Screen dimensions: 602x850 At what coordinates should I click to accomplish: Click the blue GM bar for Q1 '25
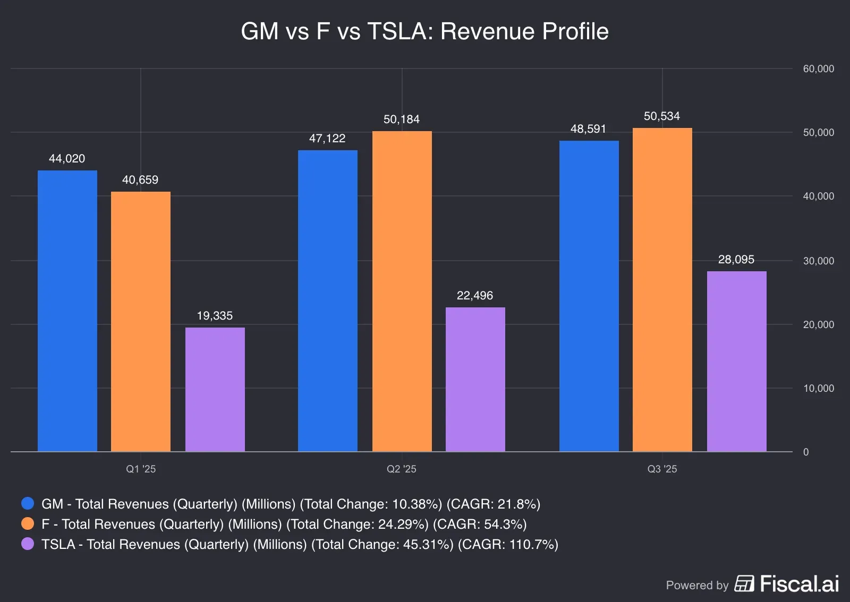[67, 311]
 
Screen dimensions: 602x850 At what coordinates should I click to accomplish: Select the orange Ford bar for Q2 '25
[402, 291]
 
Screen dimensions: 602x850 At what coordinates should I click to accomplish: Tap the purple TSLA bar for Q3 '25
[736, 361]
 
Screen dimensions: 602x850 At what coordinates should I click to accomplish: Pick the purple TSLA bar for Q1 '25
[215, 389]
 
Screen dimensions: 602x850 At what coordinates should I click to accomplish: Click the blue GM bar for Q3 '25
[589, 296]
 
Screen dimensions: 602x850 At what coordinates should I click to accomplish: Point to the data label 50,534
[661, 116]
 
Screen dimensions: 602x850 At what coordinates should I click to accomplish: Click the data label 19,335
[215, 316]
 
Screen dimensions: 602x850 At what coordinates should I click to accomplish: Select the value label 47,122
[327, 139]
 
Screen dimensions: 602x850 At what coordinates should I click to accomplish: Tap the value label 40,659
[140, 180]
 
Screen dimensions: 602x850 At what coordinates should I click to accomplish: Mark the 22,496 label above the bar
[475, 296]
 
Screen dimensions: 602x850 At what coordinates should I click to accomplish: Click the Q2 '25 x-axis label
[402, 469]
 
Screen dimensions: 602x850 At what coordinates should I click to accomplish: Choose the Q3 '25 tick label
[662, 469]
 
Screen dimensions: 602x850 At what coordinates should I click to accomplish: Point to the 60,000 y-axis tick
[818, 68]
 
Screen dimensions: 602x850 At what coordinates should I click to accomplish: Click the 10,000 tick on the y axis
[818, 388]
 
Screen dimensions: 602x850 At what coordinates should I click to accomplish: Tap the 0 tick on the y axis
[806, 452]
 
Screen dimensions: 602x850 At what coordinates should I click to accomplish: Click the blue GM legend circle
[28, 503]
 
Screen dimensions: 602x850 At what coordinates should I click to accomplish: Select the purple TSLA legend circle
[28, 544]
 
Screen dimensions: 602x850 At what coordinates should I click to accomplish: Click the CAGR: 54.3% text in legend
[480, 524]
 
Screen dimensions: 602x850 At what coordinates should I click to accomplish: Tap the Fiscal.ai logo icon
[744, 583]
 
